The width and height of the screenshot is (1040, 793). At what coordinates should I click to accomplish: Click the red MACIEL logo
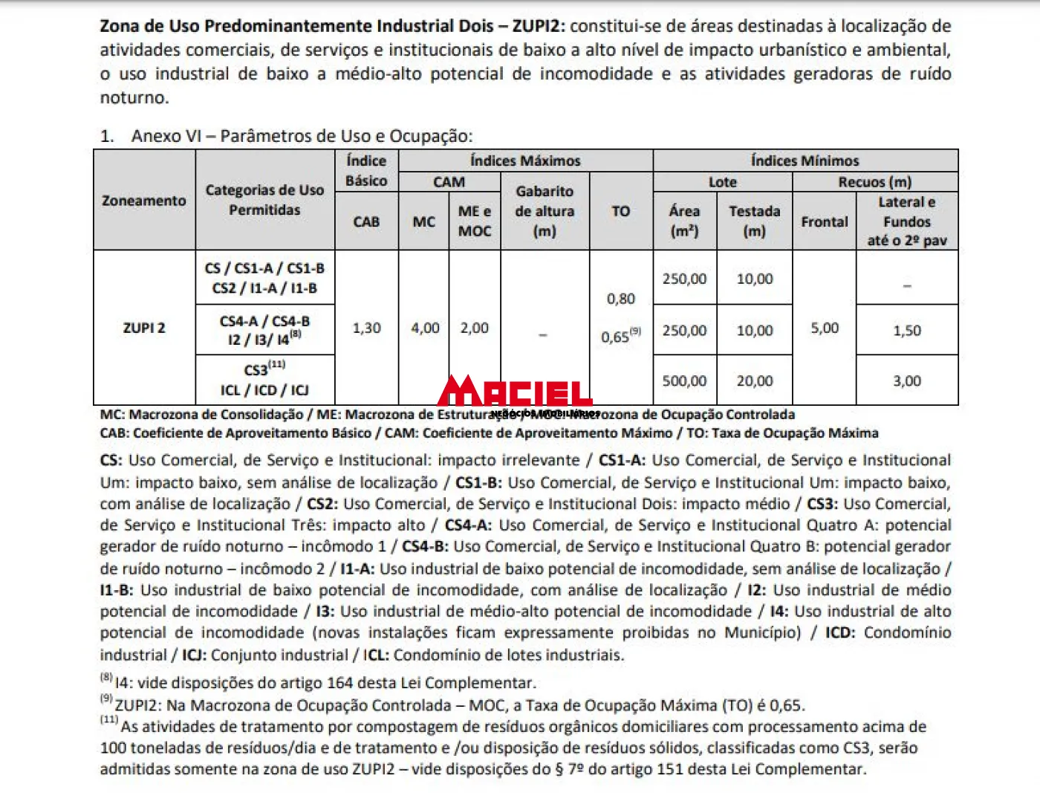click(514, 391)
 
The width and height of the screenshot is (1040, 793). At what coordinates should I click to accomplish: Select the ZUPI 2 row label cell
click(144, 328)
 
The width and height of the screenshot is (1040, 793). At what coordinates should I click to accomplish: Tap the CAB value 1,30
click(366, 328)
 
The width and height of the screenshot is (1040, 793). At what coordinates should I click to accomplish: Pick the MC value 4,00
click(425, 328)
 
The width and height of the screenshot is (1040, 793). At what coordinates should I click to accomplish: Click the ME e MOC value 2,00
click(474, 328)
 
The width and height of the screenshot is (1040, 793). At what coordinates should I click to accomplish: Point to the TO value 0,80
click(620, 299)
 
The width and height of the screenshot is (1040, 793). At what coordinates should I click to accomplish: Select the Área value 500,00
click(684, 381)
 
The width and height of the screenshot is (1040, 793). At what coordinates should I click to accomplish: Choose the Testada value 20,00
click(754, 381)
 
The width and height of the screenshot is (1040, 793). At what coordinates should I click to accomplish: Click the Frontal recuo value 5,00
click(825, 328)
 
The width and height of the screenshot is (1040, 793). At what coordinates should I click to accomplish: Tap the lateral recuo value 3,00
click(906, 381)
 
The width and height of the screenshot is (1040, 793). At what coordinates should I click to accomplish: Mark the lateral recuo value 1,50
click(906, 330)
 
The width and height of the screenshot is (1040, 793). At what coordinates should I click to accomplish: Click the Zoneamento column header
click(144, 201)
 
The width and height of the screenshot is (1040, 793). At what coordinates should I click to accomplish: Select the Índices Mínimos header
click(805, 161)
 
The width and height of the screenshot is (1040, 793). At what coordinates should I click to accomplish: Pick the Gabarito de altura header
click(545, 211)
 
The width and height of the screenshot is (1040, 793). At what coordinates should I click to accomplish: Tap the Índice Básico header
click(366, 170)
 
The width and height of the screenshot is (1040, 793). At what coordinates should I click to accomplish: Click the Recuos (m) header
click(874, 182)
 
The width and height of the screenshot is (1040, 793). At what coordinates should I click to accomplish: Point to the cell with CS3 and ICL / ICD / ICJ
click(264, 380)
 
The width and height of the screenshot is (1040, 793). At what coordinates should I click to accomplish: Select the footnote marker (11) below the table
click(109, 719)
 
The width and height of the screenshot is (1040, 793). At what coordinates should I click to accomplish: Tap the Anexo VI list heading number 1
click(107, 136)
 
